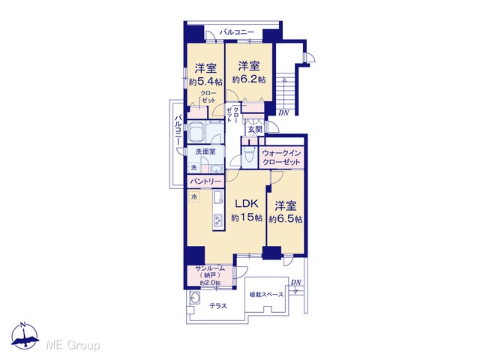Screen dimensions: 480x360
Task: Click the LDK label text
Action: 247,203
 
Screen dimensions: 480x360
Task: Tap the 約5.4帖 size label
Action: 205,82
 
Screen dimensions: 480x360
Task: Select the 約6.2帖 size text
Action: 248,79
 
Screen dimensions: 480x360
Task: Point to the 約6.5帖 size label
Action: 286,219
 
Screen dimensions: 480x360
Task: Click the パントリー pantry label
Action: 205,181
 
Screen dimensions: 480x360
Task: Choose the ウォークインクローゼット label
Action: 281,157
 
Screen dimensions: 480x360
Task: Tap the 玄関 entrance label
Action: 255,130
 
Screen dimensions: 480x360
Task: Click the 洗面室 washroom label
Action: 205,151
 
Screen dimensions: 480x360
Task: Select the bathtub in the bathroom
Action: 196,132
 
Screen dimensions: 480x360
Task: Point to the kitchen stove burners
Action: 218,220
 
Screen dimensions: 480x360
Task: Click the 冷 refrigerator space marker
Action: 194,196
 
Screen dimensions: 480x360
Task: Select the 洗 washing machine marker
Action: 193,168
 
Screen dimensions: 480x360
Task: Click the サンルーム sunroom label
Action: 210,268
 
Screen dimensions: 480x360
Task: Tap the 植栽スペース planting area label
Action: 266,295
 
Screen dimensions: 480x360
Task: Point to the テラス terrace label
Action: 218,306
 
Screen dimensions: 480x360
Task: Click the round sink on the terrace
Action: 195,298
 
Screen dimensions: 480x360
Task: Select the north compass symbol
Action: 25,336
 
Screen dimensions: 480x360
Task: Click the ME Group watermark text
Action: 73,345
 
